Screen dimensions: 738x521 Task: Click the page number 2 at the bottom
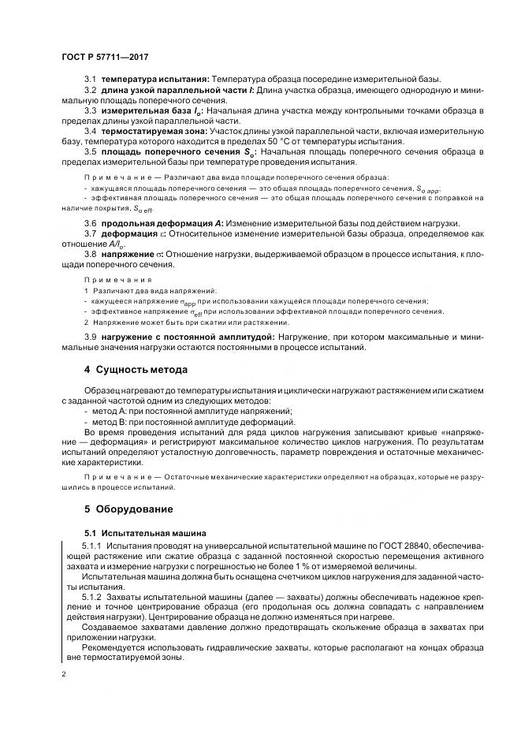coord(63,674)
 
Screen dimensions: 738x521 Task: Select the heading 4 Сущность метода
coord(135,370)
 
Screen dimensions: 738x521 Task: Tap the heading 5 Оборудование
coord(129,509)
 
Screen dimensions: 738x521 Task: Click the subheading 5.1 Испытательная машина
coord(146,533)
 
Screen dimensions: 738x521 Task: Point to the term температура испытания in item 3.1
coord(154,80)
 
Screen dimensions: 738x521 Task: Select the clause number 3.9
coord(90,337)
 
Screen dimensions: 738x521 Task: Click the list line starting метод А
coord(192,412)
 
